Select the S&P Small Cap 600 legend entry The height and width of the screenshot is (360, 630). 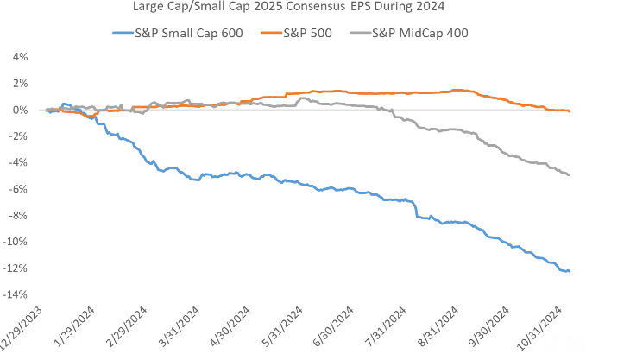(177, 34)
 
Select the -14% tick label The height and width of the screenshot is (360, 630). (16, 294)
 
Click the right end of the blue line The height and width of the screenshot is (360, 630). (570, 271)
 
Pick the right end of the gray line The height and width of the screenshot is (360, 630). (570, 174)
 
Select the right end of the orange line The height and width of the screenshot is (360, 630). (570, 111)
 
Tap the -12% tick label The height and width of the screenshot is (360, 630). (16, 268)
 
